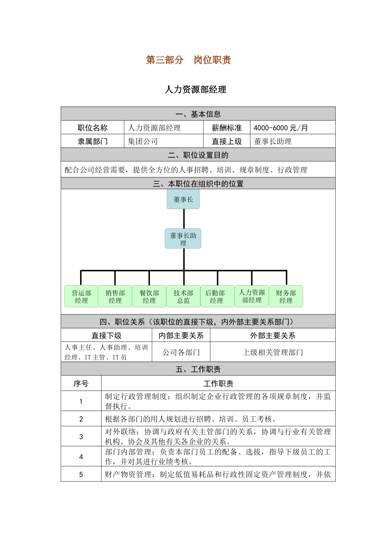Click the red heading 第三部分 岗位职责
coord(188,60)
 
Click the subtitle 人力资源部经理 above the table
coord(195,90)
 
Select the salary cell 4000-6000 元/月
coord(281,128)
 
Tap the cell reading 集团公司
coord(143,142)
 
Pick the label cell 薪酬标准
coord(227,128)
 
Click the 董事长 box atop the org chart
coord(183,199)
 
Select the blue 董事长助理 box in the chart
coord(183,239)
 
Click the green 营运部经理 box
coord(81,297)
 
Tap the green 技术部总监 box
coord(183,297)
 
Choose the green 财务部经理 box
coord(286,297)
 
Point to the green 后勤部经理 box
coord(216,297)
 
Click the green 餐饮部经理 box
coord(149,297)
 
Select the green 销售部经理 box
coord(115,297)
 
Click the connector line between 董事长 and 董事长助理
coord(184,219)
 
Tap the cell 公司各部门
coord(181,352)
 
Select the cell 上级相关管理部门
coord(273,352)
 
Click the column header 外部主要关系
coord(273,336)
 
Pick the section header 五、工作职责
coord(198,369)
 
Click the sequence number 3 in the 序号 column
coord(81,437)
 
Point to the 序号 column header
coord(81,383)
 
